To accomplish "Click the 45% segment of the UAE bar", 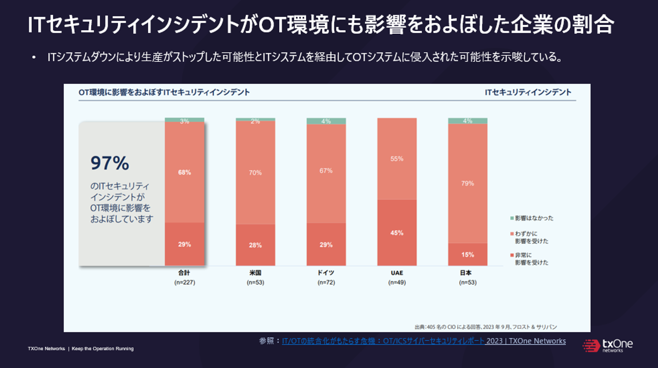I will [397, 233].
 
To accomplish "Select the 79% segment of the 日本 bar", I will [467, 183].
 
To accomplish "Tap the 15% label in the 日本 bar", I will [467, 255].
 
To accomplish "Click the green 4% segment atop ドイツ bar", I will [326, 121].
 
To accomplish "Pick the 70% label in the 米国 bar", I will [255, 173].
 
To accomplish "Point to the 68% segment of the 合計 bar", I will [184, 172].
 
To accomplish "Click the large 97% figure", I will [110, 163].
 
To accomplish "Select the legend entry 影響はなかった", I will [534, 218].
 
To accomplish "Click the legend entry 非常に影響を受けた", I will [531, 259].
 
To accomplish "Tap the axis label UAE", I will [397, 273].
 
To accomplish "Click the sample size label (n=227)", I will [184, 282].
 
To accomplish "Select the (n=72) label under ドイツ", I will [326, 282].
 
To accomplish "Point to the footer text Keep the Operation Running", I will [102, 348].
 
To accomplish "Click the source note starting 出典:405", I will [485, 327].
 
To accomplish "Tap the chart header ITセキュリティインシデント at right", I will [528, 92].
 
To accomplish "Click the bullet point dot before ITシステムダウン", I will [34, 57].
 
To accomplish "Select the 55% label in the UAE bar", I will [397, 159].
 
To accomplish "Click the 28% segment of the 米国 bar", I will [255, 245].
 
